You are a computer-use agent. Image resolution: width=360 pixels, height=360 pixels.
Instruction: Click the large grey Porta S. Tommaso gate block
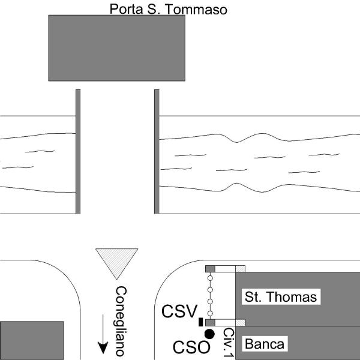116,48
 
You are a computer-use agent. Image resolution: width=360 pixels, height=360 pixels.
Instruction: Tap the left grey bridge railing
78,151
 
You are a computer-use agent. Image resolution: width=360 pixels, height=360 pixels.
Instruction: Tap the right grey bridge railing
157,151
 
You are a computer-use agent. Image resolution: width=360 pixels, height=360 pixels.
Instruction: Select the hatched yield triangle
117,262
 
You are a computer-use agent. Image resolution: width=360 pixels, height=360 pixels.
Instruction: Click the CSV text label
179,312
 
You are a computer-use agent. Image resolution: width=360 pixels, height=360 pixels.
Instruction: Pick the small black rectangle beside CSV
200,323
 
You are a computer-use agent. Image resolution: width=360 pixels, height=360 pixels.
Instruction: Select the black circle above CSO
209,334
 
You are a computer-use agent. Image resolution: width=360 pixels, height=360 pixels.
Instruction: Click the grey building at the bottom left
31,340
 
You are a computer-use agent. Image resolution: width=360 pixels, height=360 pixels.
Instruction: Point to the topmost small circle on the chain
210,280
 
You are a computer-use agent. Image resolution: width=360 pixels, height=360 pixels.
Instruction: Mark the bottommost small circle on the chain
210,313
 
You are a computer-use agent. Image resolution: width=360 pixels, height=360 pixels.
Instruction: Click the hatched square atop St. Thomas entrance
240,268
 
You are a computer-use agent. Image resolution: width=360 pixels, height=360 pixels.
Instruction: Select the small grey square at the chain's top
210,268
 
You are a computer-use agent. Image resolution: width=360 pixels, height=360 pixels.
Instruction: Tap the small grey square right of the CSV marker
210,323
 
